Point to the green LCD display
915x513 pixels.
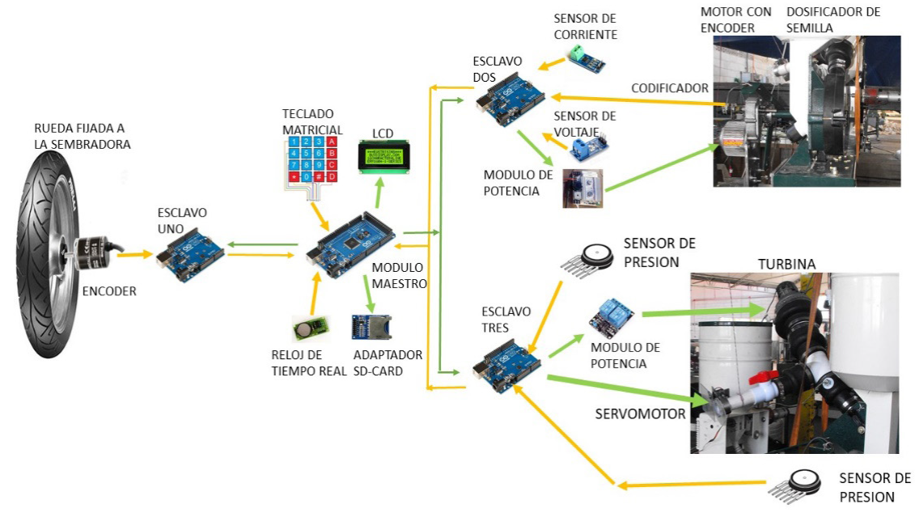point(384,153)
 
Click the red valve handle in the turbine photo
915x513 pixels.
point(761,378)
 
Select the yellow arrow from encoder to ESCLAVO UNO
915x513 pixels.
point(133,254)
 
